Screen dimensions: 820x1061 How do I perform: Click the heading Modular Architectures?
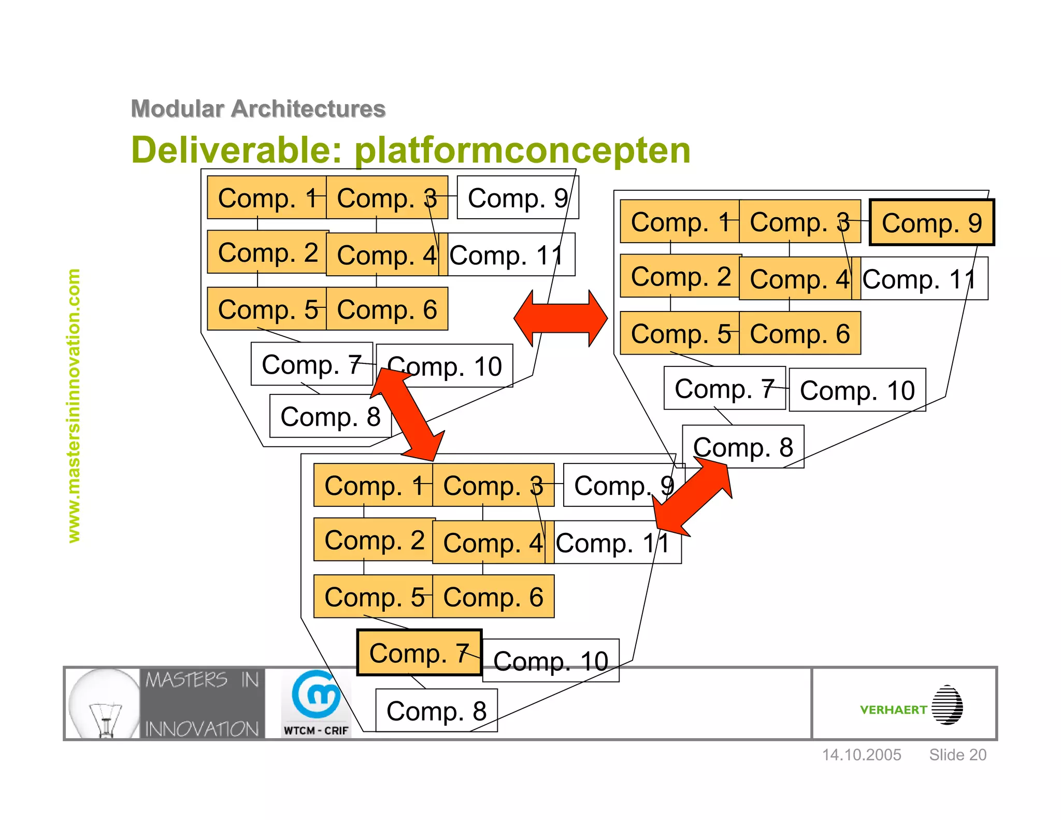pyautogui.click(x=258, y=109)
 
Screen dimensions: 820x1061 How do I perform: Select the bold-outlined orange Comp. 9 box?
pyautogui.click(x=931, y=223)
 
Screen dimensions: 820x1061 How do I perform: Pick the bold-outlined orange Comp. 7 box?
pyautogui.click(x=419, y=653)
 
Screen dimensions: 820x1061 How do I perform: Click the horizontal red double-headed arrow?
pyautogui.click(x=561, y=318)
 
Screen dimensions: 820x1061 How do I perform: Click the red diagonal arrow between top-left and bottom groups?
pyautogui.click(x=408, y=414)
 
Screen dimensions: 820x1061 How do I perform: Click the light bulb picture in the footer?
pyautogui.click(x=104, y=703)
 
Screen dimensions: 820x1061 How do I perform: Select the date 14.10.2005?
pyautogui.click(x=862, y=755)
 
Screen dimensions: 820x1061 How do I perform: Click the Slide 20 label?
pyautogui.click(x=957, y=755)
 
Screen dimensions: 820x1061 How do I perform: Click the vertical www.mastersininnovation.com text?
pyautogui.click(x=74, y=405)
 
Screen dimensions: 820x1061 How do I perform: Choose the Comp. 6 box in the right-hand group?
pyautogui.click(x=800, y=333)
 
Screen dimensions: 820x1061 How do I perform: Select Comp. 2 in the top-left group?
pyautogui.click(x=267, y=252)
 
